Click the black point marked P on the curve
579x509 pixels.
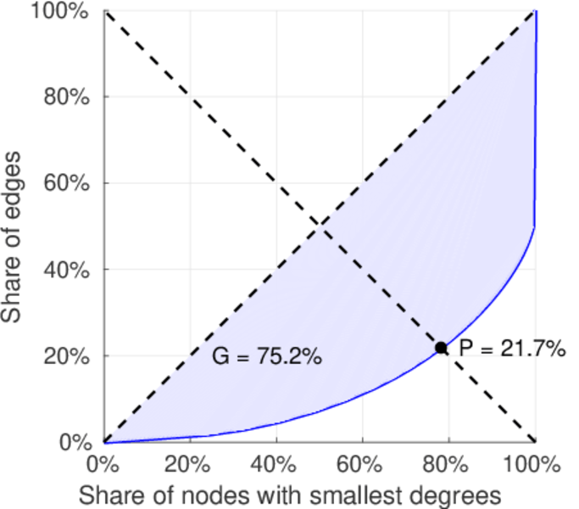point(441,348)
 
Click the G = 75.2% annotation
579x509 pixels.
point(266,357)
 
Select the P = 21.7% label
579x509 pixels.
point(512,348)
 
